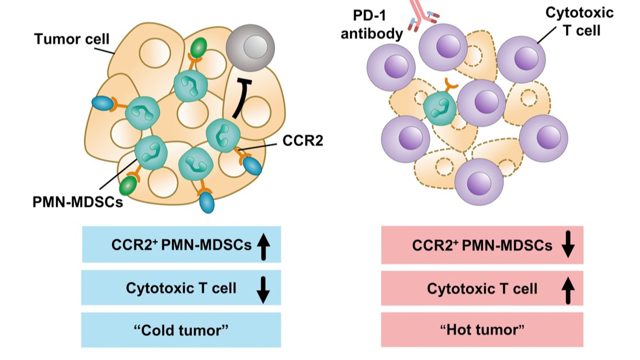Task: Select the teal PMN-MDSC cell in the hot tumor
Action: click(440, 109)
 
